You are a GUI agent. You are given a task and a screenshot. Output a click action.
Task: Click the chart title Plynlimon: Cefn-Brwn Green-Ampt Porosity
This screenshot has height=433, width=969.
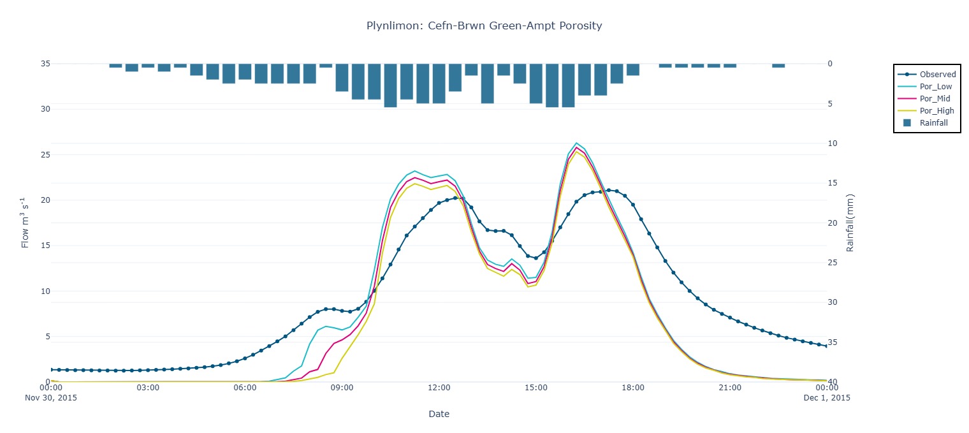484,26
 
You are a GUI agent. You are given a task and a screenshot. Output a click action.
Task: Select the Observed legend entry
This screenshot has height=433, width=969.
937,75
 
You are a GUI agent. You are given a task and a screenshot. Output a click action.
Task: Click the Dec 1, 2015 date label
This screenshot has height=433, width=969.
827,397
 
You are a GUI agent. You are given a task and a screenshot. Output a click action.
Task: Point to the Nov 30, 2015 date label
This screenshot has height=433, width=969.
50,397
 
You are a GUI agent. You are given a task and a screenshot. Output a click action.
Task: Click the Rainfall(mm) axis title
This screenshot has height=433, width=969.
850,223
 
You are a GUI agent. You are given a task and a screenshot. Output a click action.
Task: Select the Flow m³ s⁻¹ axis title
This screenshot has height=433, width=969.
25,223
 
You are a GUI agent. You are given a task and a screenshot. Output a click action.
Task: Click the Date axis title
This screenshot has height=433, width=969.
439,414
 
